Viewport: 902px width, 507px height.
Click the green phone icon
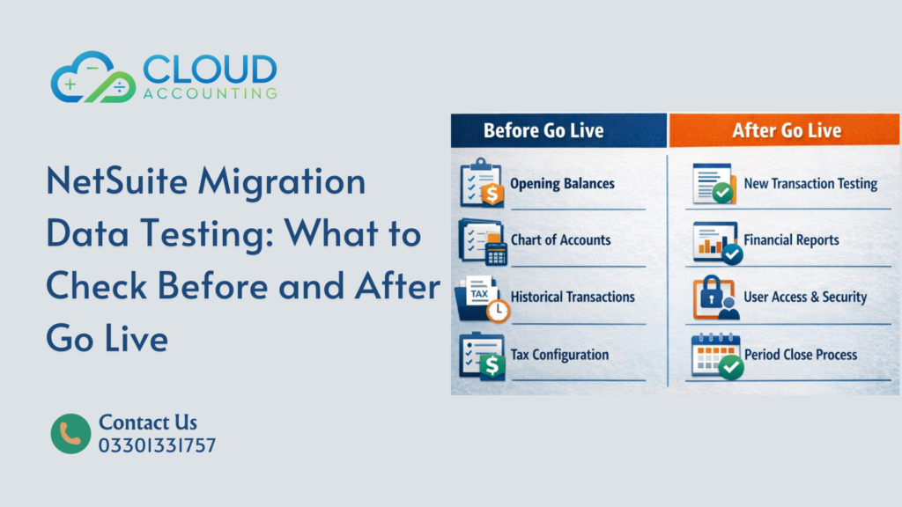click(70, 434)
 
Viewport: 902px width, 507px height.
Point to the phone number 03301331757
click(157, 445)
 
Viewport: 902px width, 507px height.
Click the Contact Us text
click(148, 422)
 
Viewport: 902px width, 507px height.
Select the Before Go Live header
click(543, 130)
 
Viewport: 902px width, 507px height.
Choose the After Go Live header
click(787, 130)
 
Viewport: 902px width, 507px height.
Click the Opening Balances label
click(563, 184)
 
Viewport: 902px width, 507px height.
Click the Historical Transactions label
click(573, 297)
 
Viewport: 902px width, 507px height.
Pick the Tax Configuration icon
click(482, 356)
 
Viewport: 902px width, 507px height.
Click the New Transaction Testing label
click(810, 184)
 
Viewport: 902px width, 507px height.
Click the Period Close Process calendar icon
click(716, 356)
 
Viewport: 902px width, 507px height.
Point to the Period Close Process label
click(800, 355)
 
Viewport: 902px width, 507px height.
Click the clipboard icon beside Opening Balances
click(482, 183)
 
